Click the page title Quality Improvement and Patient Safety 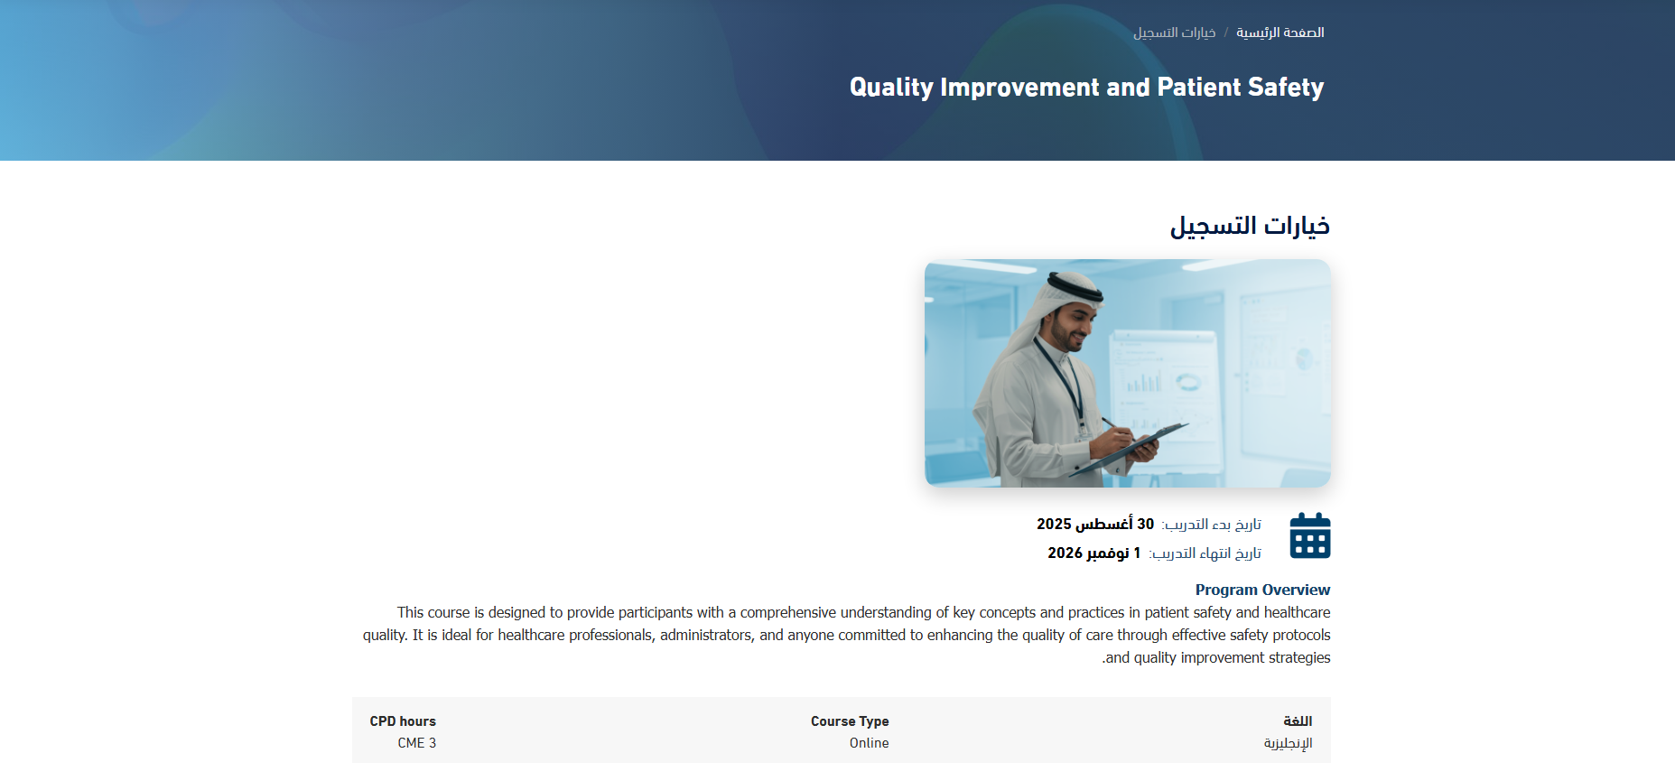tap(1086, 88)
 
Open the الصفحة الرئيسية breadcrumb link tap(1280, 33)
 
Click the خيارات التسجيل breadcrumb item tap(1175, 33)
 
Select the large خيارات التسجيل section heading tap(1250, 226)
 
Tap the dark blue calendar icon tap(1310, 535)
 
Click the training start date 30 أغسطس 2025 tap(1095, 524)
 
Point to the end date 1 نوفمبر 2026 tap(1094, 553)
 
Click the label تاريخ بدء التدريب tap(1212, 525)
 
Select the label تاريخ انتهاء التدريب tap(1205, 553)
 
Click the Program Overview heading tap(1262, 590)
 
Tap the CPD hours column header tap(403, 721)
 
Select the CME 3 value tap(417, 743)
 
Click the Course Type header tap(850, 721)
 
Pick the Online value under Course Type tap(869, 743)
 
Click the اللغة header tap(1298, 721)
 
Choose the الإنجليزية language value tap(1288, 743)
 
